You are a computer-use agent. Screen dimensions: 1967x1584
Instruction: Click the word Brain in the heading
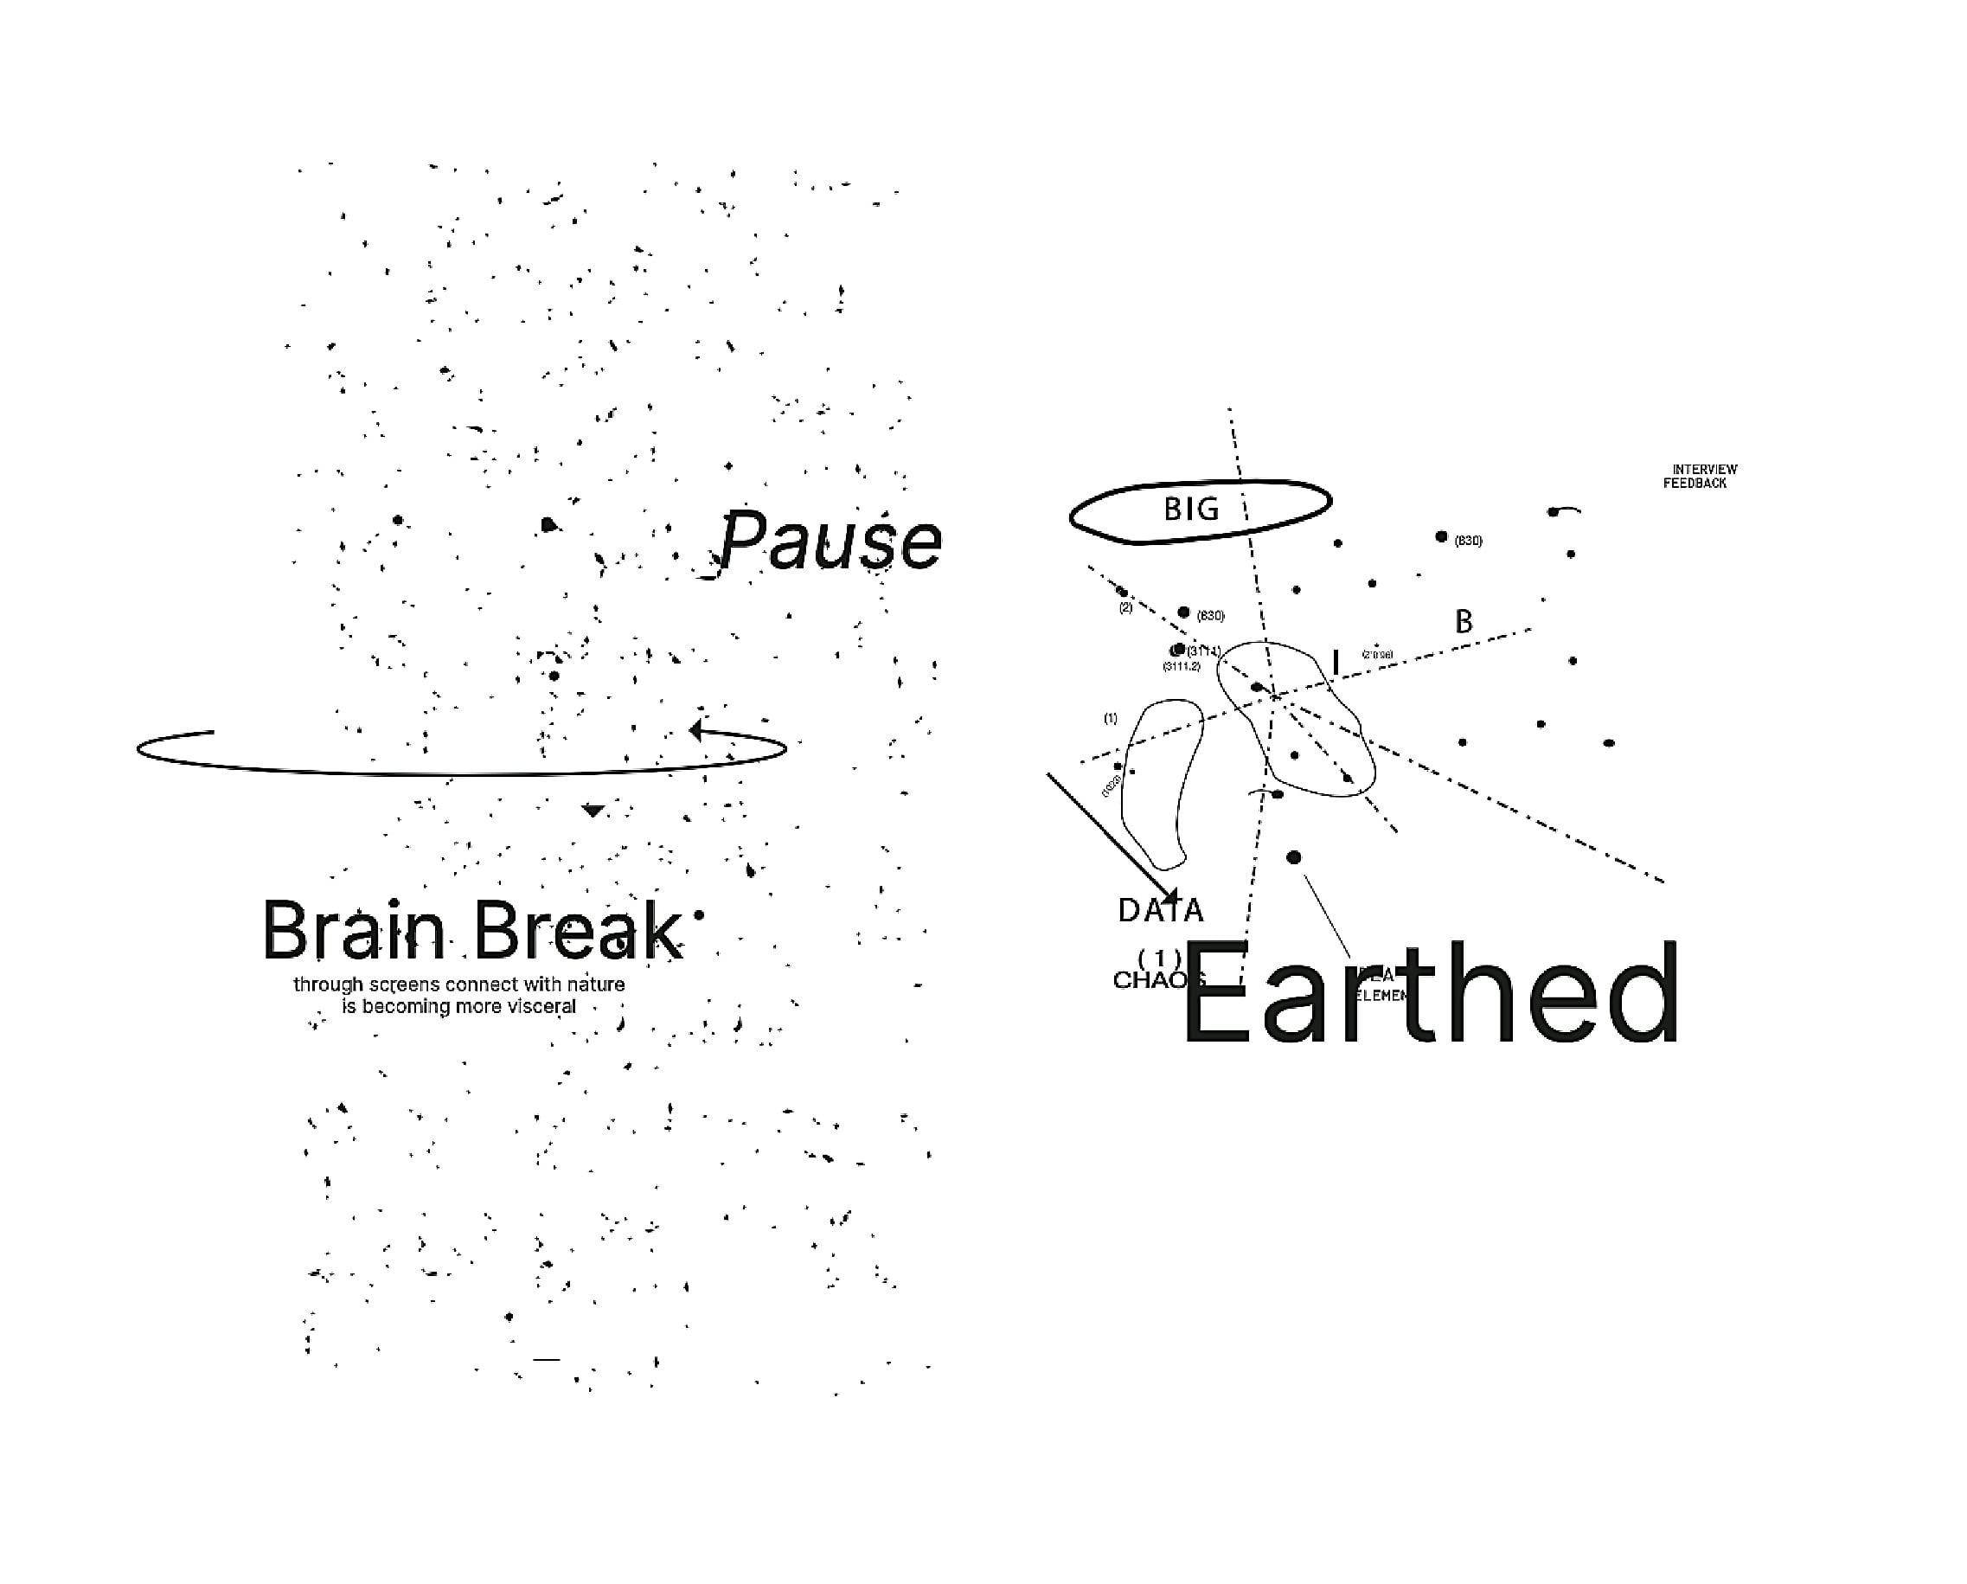coord(353,932)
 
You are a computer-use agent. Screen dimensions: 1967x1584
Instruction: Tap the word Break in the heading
coord(577,932)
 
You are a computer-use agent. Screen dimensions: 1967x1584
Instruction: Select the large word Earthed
coord(1430,995)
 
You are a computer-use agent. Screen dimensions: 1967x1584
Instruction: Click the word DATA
coord(1161,911)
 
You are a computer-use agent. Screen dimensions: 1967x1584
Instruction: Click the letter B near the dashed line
coord(1464,622)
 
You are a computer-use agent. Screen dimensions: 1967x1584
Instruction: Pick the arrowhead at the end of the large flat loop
coord(697,730)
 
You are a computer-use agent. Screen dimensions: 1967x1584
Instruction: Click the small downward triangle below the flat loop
coord(594,811)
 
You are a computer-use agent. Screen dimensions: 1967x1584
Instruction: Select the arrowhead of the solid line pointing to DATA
coord(1170,896)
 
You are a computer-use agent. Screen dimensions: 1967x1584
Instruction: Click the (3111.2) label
coord(1182,667)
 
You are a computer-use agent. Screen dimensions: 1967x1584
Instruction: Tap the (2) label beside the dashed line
coord(1126,607)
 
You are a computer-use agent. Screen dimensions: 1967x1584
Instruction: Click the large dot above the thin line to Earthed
coord(1294,856)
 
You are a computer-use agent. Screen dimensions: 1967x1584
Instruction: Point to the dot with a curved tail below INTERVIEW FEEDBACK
coord(1554,512)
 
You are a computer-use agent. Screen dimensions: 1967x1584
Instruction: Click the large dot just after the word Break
coord(699,914)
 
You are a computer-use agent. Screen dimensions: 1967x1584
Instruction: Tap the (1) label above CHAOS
coord(1160,958)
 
